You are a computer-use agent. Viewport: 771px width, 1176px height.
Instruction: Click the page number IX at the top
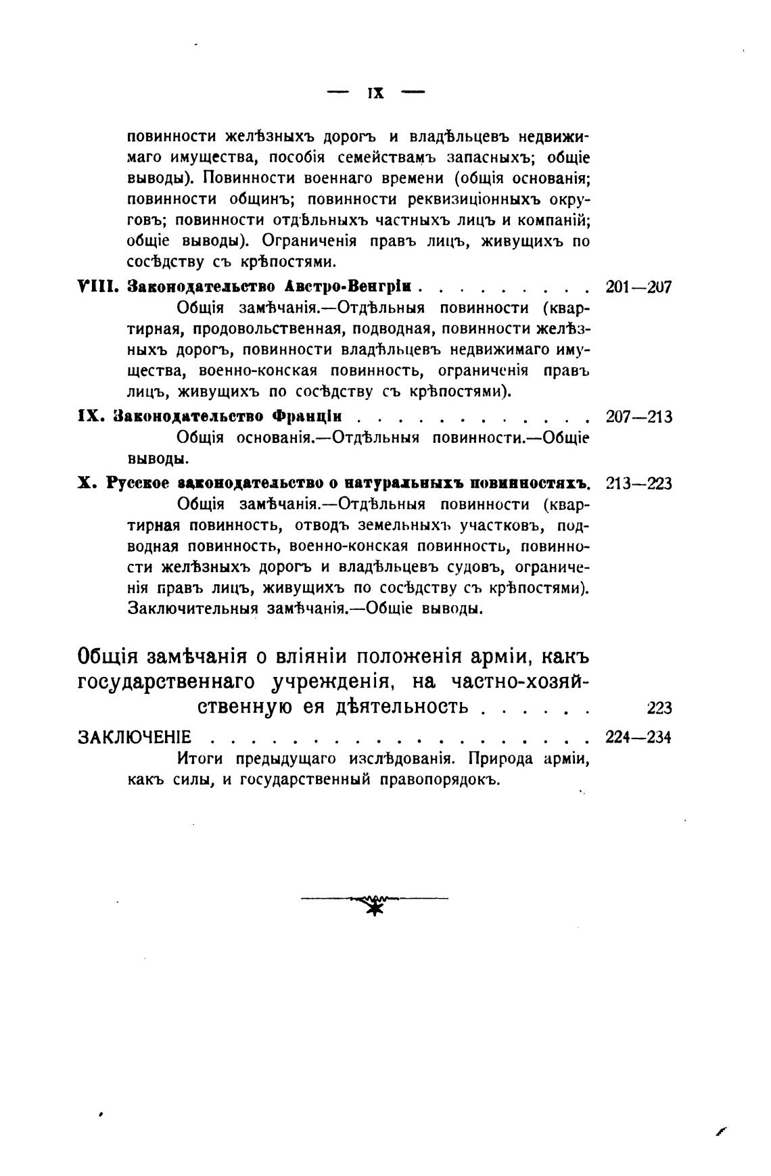375,93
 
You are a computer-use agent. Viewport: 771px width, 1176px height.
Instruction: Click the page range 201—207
638,287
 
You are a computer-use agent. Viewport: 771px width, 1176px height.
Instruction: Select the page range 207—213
638,417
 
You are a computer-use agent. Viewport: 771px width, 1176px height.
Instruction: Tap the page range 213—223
638,484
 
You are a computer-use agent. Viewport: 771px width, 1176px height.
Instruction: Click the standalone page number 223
659,708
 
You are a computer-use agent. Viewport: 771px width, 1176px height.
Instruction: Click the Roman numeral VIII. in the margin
98,287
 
